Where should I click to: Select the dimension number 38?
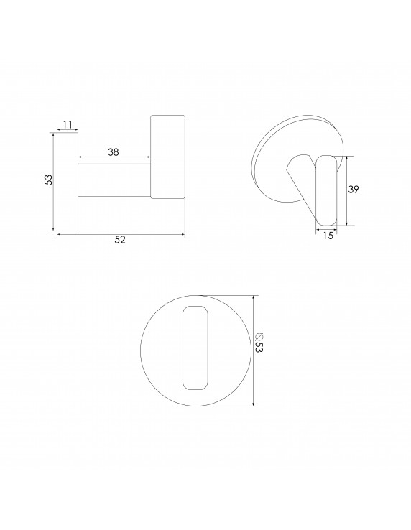pyautogui.click(x=113, y=152)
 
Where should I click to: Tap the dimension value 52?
pyautogui.click(x=120, y=241)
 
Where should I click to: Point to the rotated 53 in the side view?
pyautogui.click(x=47, y=180)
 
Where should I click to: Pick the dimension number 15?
pyautogui.click(x=328, y=236)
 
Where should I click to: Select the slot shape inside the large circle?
pyautogui.click(x=197, y=348)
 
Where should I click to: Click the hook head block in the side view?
pyautogui.click(x=167, y=157)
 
